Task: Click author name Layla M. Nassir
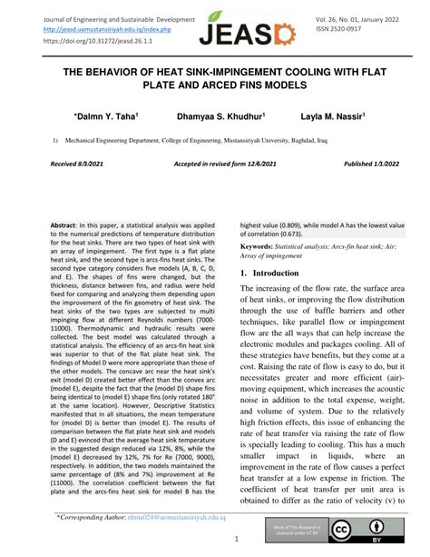tap(332, 117)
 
